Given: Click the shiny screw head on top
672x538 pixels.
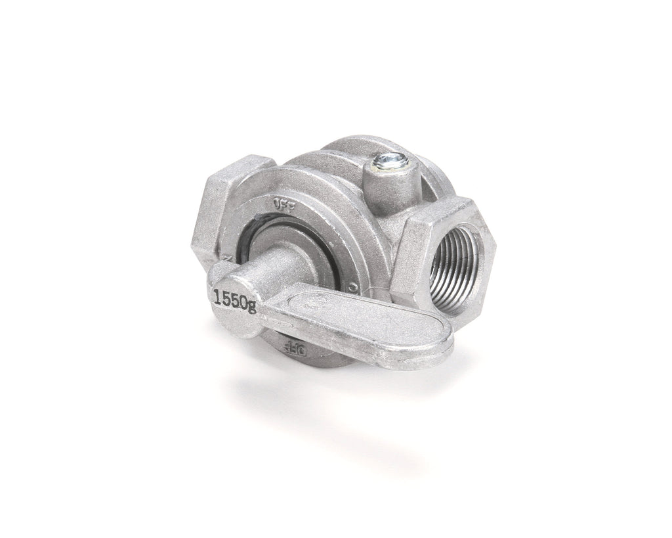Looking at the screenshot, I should click(x=380, y=159).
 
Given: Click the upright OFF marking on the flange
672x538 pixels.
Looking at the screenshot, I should click(x=282, y=203).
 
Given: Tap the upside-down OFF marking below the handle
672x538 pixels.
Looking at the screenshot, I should click(x=296, y=349).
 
